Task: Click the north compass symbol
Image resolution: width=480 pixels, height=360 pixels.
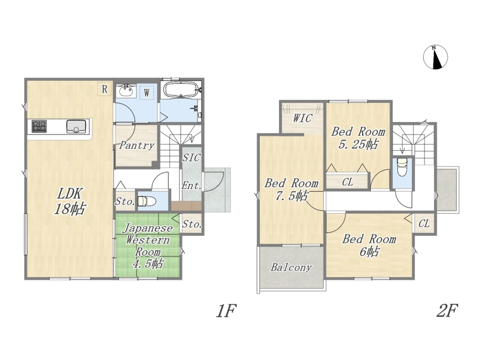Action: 435,57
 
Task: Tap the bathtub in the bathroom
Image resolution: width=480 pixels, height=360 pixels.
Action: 181,90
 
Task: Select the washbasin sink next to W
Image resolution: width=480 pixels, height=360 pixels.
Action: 126,91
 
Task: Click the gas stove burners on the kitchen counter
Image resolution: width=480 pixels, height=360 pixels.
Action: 39,126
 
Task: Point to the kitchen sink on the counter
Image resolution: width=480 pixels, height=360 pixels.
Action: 76,126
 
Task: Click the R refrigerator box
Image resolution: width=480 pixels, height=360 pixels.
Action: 105,89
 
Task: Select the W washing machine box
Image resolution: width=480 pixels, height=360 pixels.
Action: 147,92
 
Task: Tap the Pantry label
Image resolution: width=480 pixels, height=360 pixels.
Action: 137,145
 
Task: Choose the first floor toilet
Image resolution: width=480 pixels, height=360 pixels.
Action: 147,202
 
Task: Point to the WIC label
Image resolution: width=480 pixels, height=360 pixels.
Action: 302,118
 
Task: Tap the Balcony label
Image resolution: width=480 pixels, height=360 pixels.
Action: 291,267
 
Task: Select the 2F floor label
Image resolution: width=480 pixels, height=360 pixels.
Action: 446,311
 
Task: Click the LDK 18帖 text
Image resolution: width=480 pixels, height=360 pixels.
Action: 69,202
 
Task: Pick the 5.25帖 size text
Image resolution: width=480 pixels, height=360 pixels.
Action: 358,144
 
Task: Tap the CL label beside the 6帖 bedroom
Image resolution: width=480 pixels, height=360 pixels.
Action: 424,224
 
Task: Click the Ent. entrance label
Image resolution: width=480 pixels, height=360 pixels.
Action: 192,185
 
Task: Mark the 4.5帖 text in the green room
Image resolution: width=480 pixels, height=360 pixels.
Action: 148,264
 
